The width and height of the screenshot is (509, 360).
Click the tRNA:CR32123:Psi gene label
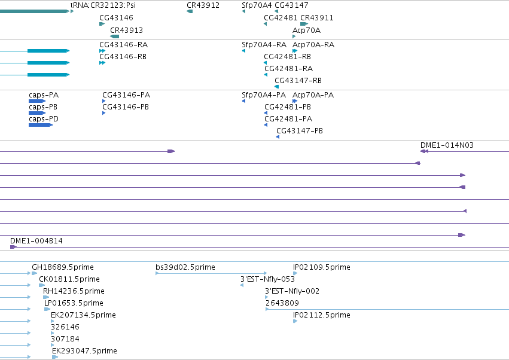[103, 5]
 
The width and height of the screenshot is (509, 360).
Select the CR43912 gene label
[203, 5]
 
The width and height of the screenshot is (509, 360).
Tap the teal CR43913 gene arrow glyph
[115, 36]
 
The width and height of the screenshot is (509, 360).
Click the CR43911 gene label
[317, 17]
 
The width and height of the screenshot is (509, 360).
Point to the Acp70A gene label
[306, 30]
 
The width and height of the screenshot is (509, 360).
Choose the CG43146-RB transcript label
[123, 56]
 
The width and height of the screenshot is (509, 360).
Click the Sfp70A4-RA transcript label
[264, 44]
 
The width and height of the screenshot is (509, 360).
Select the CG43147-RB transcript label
[298, 80]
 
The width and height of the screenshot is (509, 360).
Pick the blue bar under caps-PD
[41, 125]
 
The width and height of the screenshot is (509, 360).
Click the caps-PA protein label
[44, 95]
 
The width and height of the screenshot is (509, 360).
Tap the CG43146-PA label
[126, 95]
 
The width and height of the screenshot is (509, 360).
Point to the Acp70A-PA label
[313, 95]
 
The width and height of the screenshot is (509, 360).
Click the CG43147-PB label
[300, 130]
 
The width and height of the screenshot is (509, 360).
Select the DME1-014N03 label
[447, 145]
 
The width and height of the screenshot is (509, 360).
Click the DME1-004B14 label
[36, 241]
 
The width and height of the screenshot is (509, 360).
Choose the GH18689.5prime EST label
[63, 267]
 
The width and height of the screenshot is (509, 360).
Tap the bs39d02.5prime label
[185, 267]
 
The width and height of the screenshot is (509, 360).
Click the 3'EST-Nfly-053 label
[267, 279]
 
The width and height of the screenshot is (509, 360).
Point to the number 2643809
[282, 303]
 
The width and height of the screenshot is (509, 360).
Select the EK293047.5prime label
[84, 350]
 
